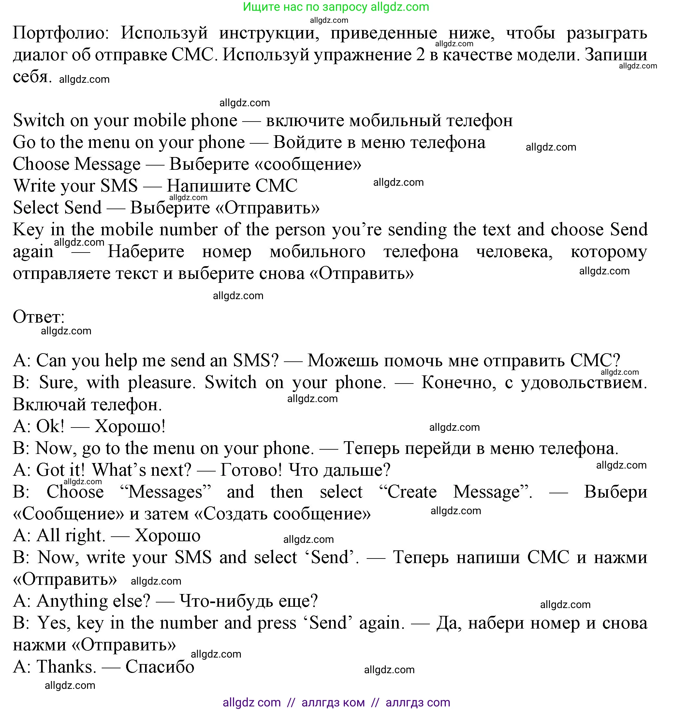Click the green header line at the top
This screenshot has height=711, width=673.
tap(336, 7)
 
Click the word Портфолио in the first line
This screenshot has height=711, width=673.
tap(61, 33)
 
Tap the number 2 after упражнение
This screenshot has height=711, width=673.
tap(420, 55)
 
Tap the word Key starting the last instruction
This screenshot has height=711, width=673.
tap(28, 230)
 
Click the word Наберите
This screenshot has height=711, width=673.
tap(146, 252)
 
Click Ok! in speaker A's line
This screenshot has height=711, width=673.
tap(50, 427)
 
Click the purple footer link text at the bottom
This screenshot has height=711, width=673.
tap(336, 702)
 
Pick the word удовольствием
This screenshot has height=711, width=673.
tap(584, 383)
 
